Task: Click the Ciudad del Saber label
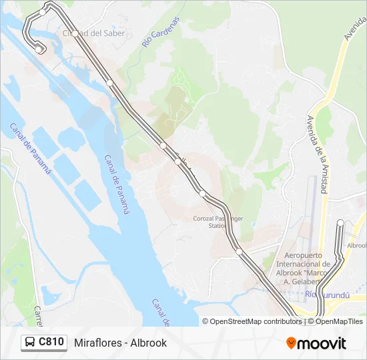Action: [x=93, y=33]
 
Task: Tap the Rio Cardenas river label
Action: [x=161, y=32]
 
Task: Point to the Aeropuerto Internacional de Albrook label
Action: [x=308, y=268]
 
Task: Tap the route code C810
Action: [x=51, y=343]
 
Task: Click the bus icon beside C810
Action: [x=30, y=343]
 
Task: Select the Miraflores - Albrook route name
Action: [x=120, y=343]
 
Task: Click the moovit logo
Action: [x=316, y=343]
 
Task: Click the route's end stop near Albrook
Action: [x=340, y=223]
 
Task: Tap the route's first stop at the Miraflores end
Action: [x=39, y=49]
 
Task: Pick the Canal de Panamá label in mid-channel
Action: [x=117, y=184]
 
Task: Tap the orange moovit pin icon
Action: [x=292, y=343]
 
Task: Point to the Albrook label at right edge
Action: [x=356, y=245]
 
